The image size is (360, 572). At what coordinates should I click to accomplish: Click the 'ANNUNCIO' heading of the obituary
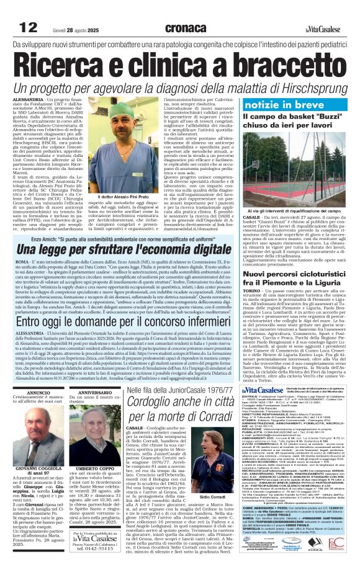pos(29,374)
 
